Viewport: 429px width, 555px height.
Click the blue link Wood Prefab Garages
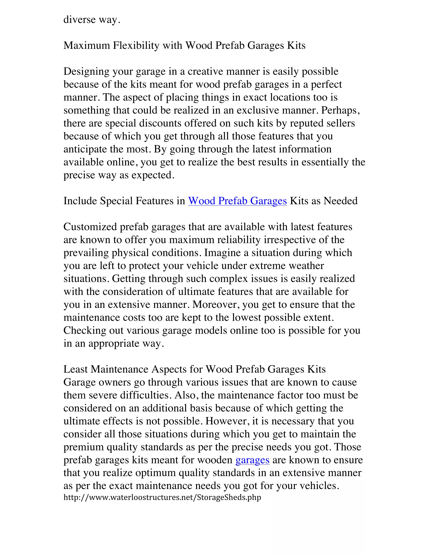point(237,201)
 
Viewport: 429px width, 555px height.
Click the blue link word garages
point(252,460)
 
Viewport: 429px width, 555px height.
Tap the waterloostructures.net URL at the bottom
point(162,497)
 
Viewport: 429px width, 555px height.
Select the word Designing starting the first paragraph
point(86,72)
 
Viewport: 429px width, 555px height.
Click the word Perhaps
point(340,111)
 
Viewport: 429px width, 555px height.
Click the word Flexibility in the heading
point(136,46)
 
